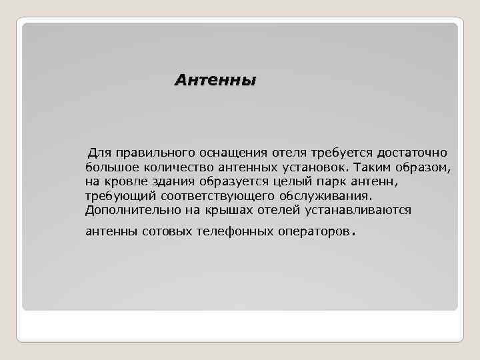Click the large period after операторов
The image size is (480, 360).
point(354,234)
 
